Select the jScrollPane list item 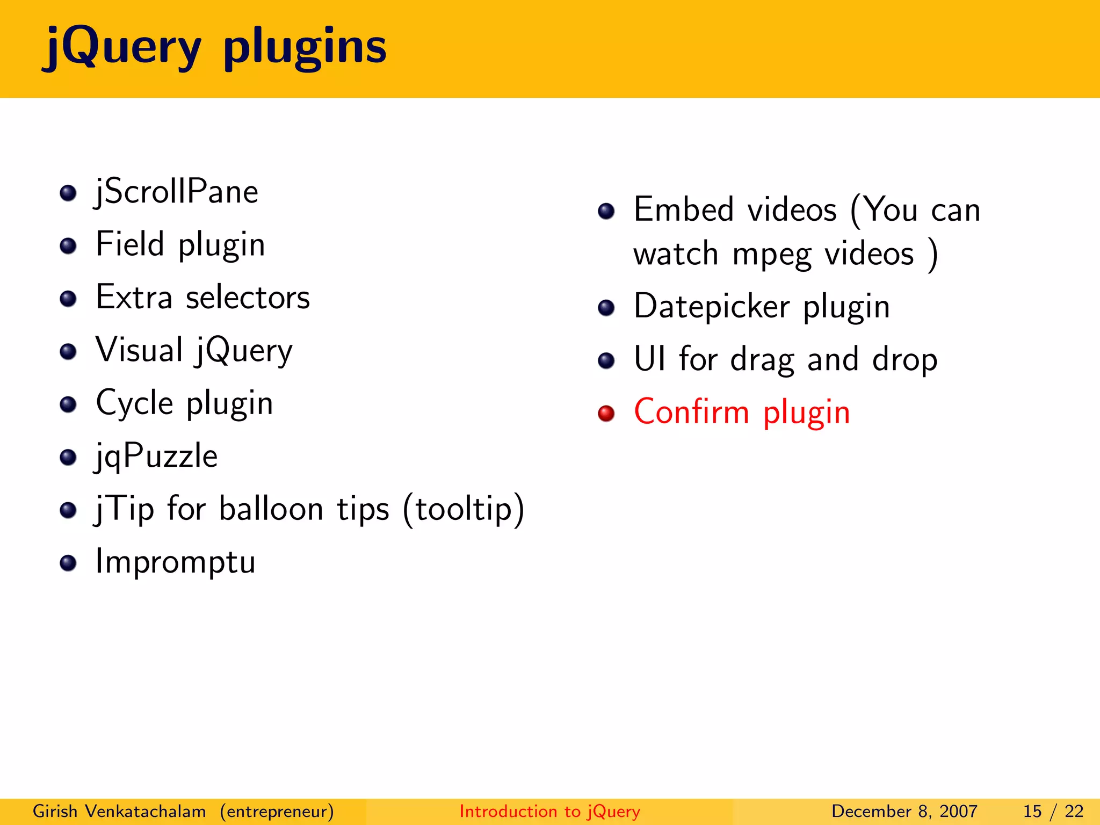pos(177,192)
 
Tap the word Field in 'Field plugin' pos(129,244)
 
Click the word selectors pos(248,298)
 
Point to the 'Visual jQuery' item pos(194,350)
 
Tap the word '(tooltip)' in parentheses pos(463,509)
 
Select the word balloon pos(271,509)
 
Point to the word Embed pos(683,209)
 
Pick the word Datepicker pos(712,307)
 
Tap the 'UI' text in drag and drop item pos(649,359)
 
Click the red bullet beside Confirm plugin pos(606,413)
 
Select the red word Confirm pos(691,412)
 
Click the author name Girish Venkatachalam pos(119,811)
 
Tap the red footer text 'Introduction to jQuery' pos(549,811)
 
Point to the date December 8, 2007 pos(904,811)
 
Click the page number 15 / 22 pos(1053,811)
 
